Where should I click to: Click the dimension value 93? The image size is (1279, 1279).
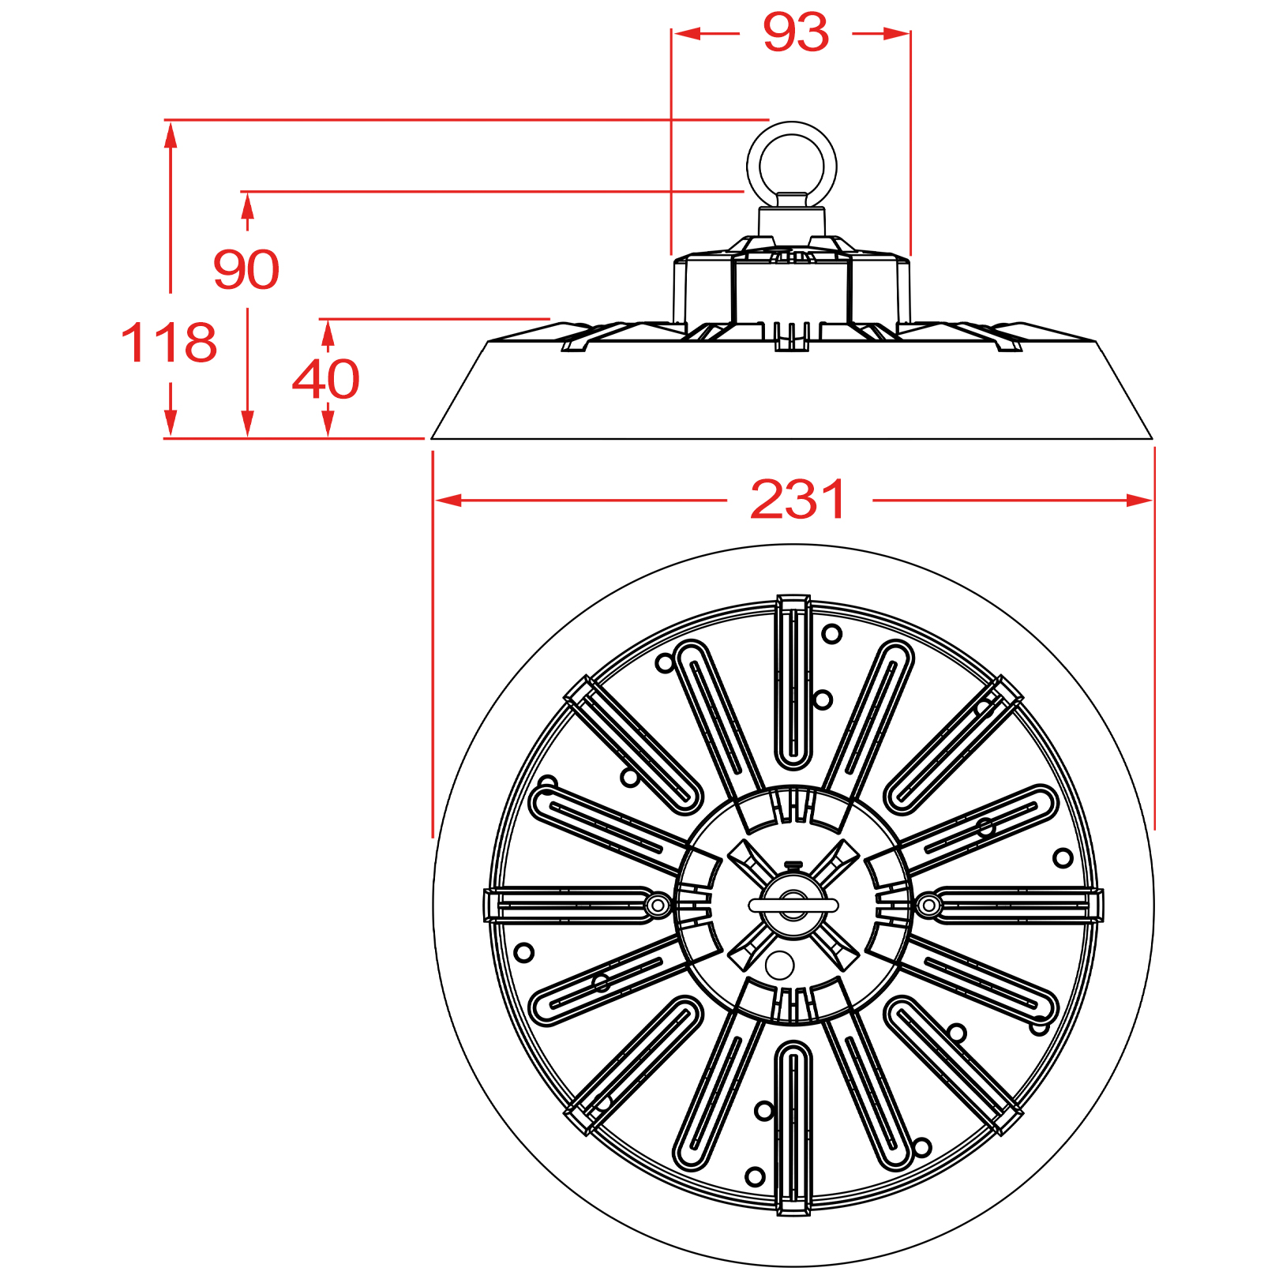click(x=796, y=33)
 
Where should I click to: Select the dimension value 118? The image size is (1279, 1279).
click(x=169, y=343)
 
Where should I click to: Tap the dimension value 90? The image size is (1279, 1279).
click(x=246, y=269)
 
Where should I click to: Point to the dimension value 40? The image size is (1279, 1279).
click(x=326, y=380)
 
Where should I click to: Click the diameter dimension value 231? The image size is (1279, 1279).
click(x=798, y=500)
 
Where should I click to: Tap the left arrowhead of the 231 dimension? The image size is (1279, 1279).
click(x=448, y=501)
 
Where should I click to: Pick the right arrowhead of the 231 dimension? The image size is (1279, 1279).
click(x=1139, y=501)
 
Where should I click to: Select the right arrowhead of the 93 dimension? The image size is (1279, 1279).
click(x=897, y=33)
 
